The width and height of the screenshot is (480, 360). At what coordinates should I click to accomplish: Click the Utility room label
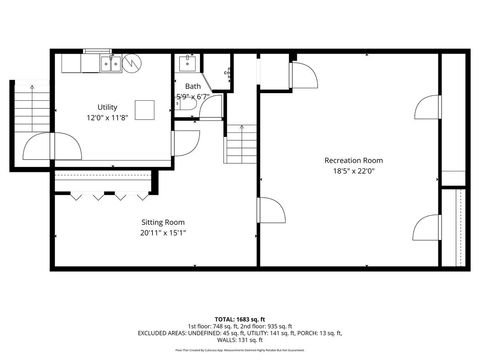(108, 106)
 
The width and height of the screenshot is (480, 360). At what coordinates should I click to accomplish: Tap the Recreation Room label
(353, 160)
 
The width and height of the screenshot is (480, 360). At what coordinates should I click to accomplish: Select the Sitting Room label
(162, 222)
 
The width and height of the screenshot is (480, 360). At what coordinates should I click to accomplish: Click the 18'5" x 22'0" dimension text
(353, 172)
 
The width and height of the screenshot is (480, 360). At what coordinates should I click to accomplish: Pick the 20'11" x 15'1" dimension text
(162, 233)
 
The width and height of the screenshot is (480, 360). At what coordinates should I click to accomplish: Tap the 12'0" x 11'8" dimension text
(108, 117)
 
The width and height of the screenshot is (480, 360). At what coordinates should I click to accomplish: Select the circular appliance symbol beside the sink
(134, 63)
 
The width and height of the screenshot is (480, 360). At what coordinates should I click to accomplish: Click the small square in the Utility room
(146, 109)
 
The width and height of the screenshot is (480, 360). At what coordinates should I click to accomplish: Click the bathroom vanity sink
(185, 64)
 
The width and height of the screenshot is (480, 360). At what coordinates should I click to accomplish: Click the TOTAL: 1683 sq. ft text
(240, 318)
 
